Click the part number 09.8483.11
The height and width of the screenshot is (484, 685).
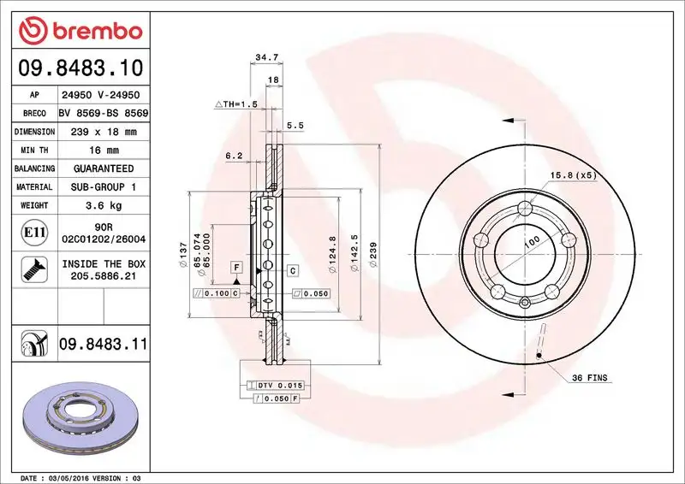103,345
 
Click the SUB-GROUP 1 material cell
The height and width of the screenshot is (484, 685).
103,186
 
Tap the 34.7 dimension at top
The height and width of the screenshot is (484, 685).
265,58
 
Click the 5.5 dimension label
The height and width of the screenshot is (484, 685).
295,126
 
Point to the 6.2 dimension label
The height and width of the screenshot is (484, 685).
234,156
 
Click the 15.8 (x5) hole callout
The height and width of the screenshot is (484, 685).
572,175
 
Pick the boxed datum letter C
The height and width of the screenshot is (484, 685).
292,270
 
